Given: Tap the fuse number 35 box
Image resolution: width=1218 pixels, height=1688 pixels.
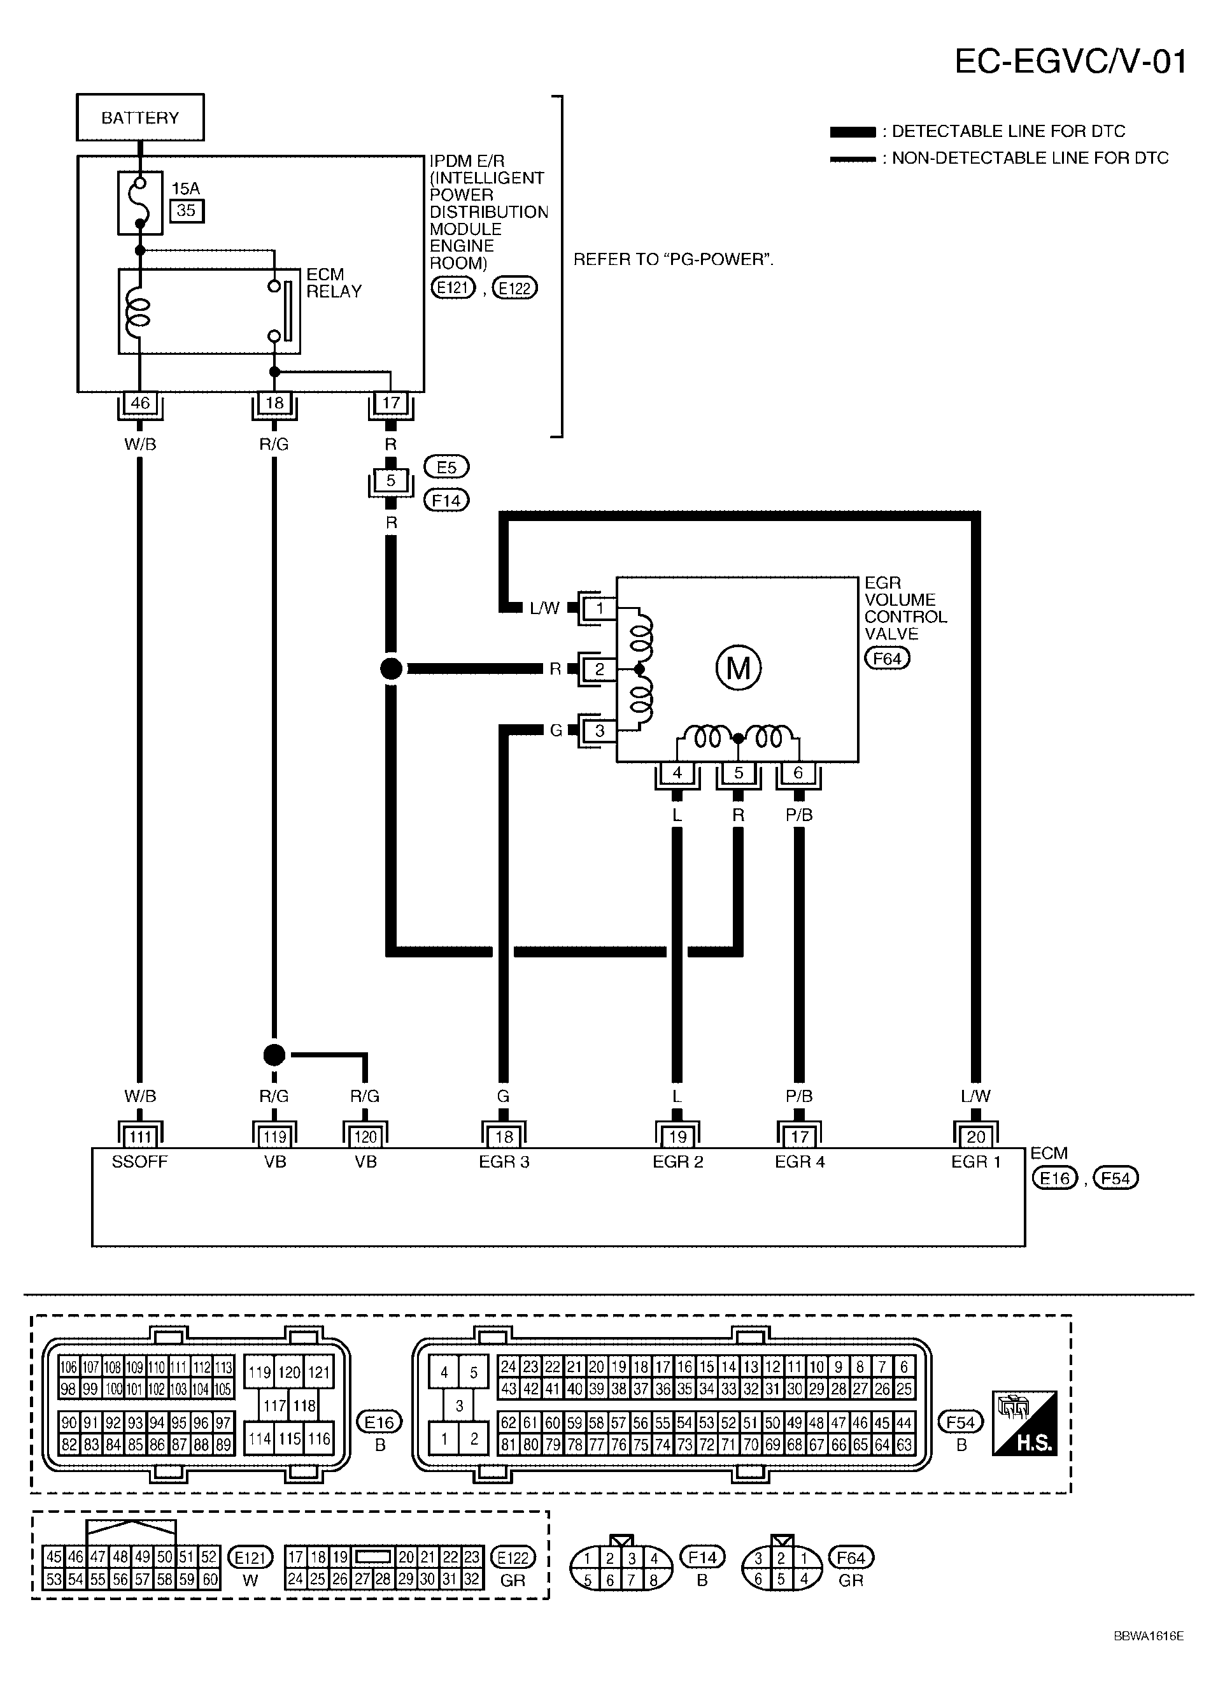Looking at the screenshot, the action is coord(186,211).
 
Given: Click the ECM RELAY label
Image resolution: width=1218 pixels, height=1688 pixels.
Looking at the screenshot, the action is coord(334,283).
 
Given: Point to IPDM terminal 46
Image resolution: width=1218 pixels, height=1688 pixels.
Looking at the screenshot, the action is coord(140,403).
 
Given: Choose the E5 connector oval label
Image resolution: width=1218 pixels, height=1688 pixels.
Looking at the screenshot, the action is coord(446,467).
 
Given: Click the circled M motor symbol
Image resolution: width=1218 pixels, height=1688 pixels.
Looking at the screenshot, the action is coord(738,668).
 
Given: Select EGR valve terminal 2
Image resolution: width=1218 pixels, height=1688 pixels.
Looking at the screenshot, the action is coord(600,669).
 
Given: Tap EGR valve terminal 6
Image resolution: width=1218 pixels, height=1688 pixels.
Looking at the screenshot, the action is coord(798,773).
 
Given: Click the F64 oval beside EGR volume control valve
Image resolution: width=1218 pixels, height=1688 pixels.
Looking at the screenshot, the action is coord(887,658).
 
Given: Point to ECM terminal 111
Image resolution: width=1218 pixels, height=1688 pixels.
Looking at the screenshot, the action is coord(140,1136).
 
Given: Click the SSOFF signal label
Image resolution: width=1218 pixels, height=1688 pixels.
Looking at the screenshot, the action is coord(140,1161).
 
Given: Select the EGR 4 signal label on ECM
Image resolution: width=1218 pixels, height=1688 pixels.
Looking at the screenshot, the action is coord(800,1161).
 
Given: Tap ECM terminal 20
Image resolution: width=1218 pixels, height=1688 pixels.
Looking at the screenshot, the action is coord(975,1136).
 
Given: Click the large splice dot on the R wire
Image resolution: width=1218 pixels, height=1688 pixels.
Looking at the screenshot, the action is coord(391,668).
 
